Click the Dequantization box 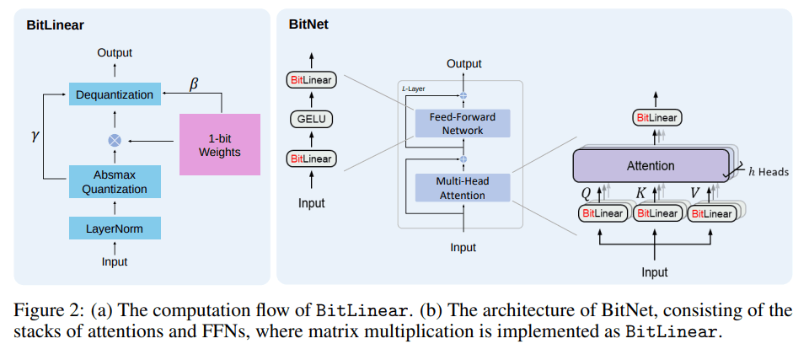click(x=115, y=94)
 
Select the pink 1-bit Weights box click(x=220, y=145)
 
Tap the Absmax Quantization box click(x=115, y=182)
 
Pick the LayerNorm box click(x=115, y=228)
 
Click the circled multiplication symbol click(x=114, y=140)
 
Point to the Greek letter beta click(x=194, y=83)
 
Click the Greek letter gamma click(x=35, y=137)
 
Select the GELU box click(x=311, y=120)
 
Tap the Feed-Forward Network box click(x=463, y=123)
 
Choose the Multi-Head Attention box click(x=463, y=187)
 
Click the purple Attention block click(x=651, y=166)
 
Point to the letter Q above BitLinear click(x=586, y=193)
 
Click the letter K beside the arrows click(x=641, y=193)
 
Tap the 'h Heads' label click(x=769, y=171)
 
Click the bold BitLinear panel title click(x=56, y=25)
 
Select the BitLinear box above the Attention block click(x=656, y=118)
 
